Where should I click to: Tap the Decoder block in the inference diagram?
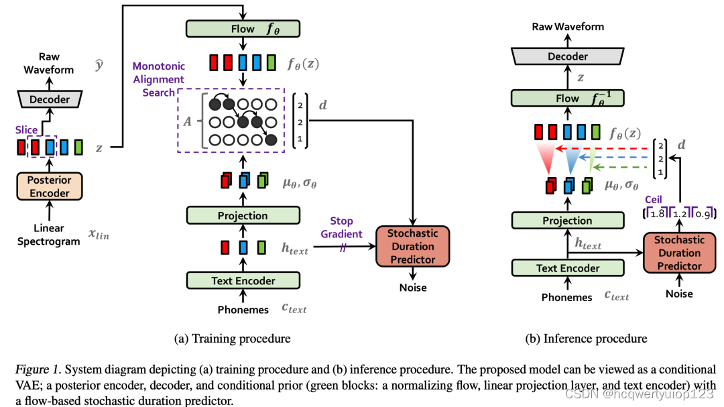[568, 57]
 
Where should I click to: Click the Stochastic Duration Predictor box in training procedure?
[412, 246]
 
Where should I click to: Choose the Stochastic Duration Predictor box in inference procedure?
[679, 253]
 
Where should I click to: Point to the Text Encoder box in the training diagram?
[243, 280]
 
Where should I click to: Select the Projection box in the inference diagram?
[567, 221]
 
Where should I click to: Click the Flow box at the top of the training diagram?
[243, 29]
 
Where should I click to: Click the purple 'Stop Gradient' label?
[346, 227]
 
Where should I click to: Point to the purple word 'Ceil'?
[654, 200]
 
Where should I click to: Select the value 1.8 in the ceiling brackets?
[660, 214]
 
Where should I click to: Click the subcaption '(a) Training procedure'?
[232, 339]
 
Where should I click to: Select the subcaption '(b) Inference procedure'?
[586, 339]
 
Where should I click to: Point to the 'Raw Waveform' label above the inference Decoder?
[568, 27]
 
